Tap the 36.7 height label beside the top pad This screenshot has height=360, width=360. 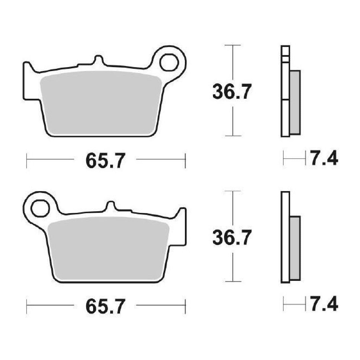(x=232, y=92)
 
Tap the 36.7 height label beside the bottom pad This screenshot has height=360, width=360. (x=232, y=238)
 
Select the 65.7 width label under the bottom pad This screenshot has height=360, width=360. (x=105, y=306)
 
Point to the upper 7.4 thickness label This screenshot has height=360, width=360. (x=324, y=158)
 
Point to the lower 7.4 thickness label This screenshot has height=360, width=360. (x=324, y=303)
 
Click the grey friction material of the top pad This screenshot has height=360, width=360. (x=101, y=102)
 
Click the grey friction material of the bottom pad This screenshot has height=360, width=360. (x=108, y=248)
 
